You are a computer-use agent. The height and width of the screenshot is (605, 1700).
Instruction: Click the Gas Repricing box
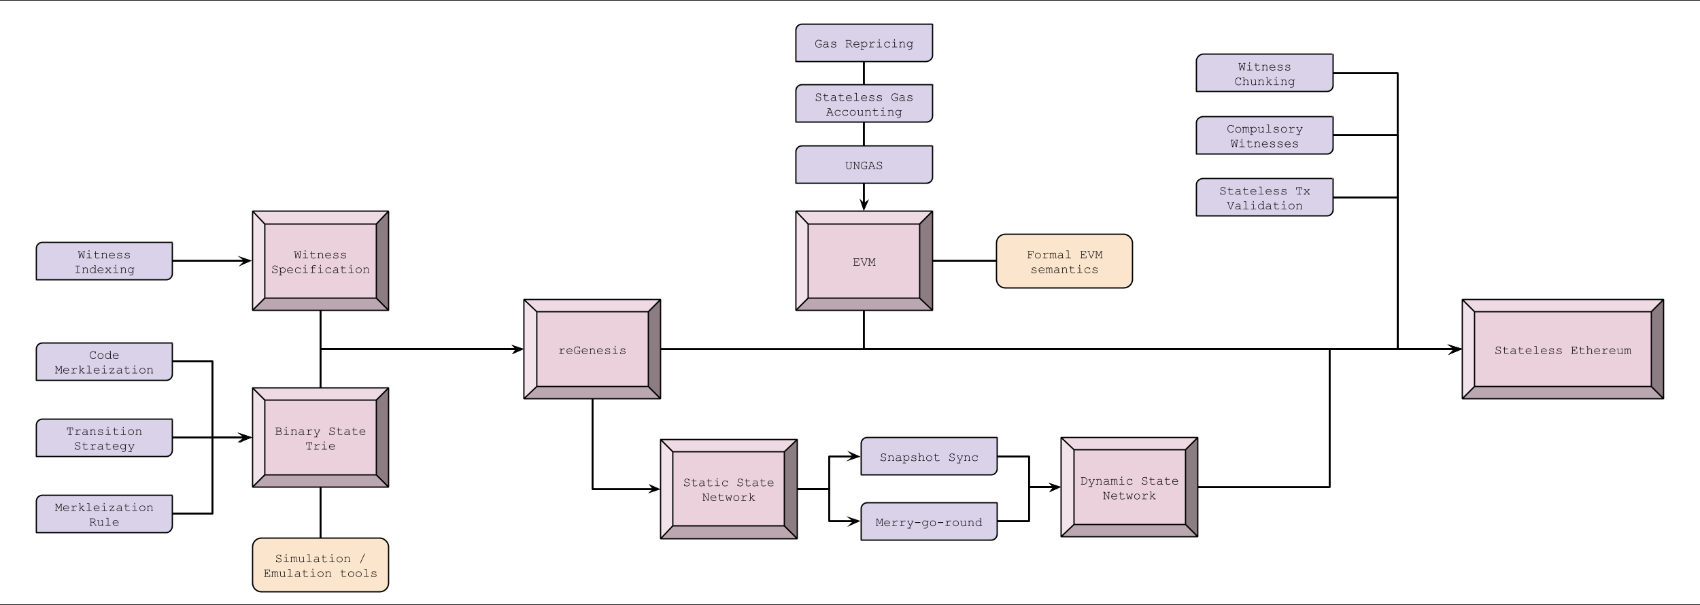(864, 43)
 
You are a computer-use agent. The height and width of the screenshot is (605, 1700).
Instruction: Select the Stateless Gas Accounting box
(864, 103)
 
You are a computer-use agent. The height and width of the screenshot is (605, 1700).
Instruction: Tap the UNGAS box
(864, 165)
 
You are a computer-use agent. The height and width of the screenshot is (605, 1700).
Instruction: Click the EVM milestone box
(864, 261)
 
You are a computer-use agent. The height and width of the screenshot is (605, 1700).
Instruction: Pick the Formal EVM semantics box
(1064, 261)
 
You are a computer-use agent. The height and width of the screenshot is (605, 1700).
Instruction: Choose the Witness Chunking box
(1264, 73)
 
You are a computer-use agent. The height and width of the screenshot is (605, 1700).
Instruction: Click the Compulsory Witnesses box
(1264, 135)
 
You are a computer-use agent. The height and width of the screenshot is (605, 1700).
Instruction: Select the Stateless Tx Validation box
(1264, 197)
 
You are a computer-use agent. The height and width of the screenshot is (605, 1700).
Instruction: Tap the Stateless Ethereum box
(1562, 349)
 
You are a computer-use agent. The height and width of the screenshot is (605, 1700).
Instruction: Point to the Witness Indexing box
(104, 261)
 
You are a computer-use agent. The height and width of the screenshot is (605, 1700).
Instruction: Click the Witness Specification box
(320, 261)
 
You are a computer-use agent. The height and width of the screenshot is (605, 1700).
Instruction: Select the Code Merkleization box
(104, 362)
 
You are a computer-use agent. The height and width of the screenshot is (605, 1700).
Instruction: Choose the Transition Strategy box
(104, 438)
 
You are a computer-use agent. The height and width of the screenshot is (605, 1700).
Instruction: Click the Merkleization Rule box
(104, 514)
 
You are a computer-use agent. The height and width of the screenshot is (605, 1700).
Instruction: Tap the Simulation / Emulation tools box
(320, 565)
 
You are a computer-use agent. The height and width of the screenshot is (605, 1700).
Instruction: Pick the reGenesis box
(592, 349)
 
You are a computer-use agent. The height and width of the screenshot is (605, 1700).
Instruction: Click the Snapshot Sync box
(929, 456)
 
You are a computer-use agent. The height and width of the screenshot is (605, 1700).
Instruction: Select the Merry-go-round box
(929, 521)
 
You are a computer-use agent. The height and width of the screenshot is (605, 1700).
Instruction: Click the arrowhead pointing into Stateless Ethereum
(1455, 349)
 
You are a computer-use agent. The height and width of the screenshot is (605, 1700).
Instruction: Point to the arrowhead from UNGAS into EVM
(864, 205)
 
